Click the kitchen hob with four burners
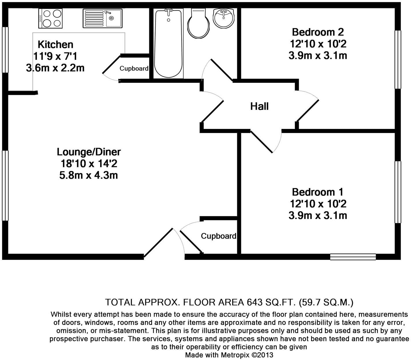tap(51, 18)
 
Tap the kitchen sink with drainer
tap(102, 18)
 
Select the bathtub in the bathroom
tap(169, 43)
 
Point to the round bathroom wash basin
tap(224, 18)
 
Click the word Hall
tap(259, 106)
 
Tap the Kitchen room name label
tap(55, 45)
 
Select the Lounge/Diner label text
tap(89, 152)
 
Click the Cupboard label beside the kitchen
tap(134, 69)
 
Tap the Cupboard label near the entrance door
tap(218, 236)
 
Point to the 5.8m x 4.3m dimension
tap(89, 175)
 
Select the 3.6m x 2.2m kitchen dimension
tap(55, 68)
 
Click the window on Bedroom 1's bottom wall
tap(353, 257)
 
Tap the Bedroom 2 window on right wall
tap(398, 59)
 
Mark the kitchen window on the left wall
tap(5, 50)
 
